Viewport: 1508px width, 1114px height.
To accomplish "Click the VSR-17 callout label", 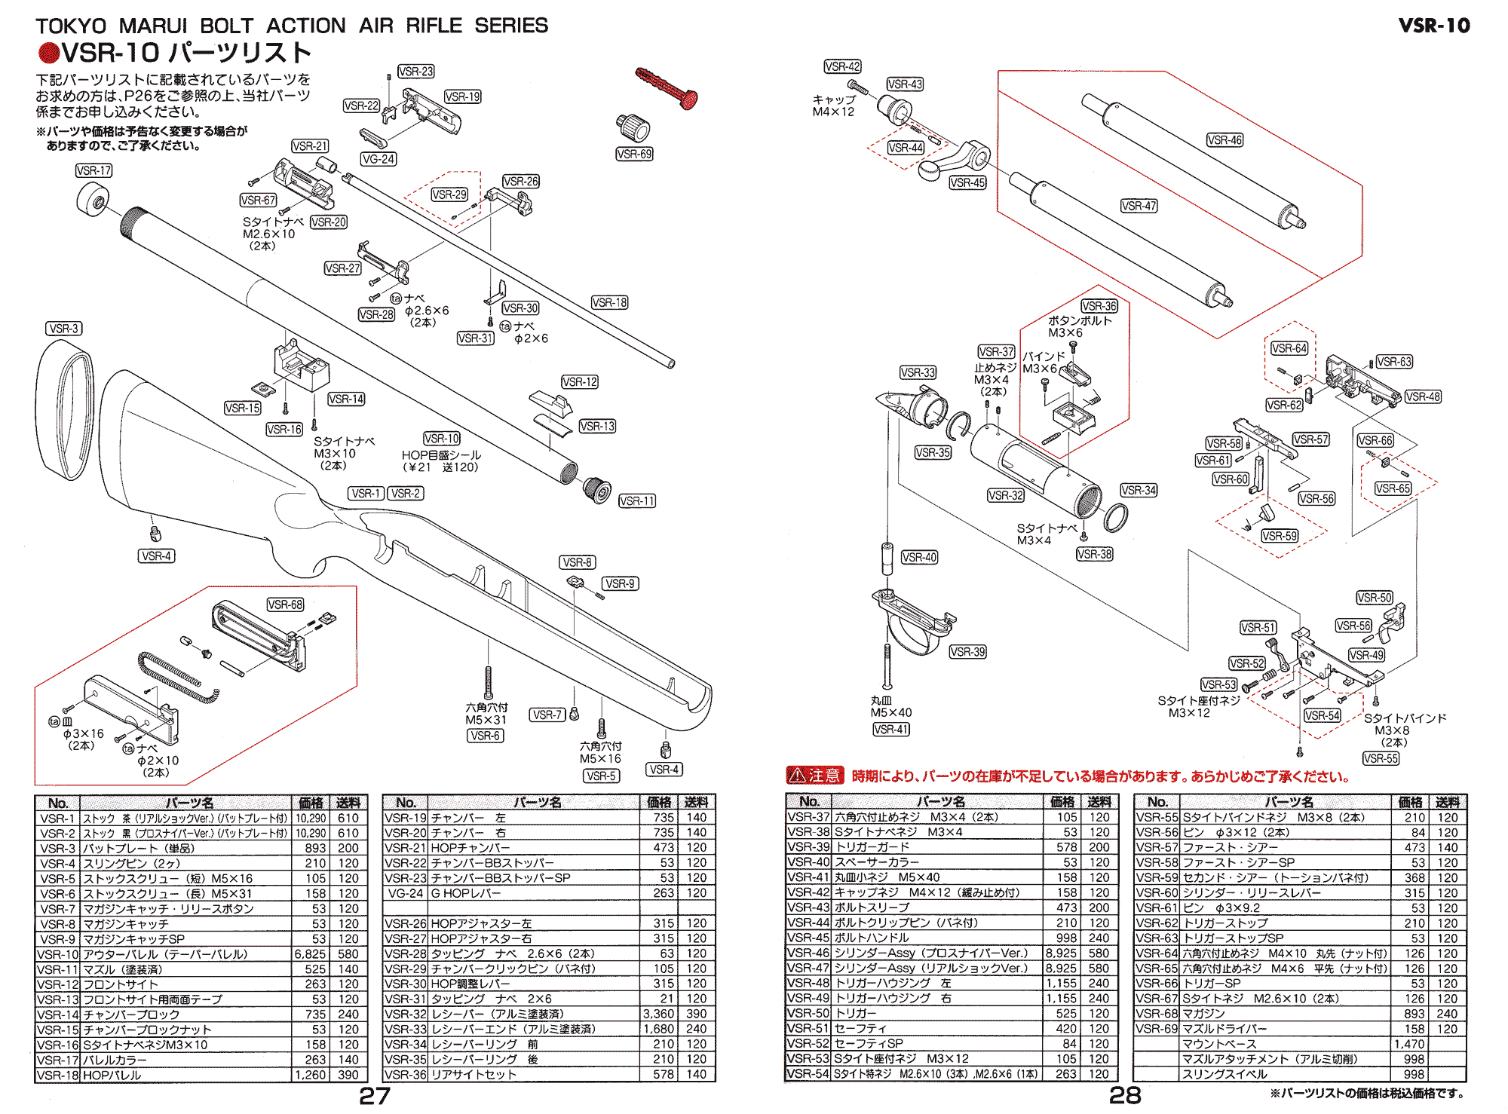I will (93, 171).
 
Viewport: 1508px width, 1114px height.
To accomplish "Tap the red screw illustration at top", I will (667, 87).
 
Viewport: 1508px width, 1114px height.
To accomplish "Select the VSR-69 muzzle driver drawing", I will (633, 127).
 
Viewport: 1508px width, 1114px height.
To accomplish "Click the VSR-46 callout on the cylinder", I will (1224, 140).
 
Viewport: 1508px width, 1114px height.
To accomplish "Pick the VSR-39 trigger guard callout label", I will (967, 652).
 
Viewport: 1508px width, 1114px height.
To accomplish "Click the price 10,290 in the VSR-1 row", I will (311, 819).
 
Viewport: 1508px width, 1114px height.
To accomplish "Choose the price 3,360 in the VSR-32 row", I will (658, 1014).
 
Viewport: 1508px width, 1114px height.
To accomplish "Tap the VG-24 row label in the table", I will (406, 893).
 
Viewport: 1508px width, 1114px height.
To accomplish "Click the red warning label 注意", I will (815, 776).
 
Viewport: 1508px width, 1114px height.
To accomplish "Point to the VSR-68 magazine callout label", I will (285, 604).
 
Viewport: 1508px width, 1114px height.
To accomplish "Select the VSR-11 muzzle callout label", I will (637, 501).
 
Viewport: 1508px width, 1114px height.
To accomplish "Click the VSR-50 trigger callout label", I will (1375, 598).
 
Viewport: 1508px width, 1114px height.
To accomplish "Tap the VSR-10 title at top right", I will (1433, 26).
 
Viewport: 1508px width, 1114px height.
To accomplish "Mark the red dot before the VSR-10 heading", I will (48, 53).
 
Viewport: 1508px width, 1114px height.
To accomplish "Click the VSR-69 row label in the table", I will (1157, 1029).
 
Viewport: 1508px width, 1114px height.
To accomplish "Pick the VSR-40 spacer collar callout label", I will (919, 558).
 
